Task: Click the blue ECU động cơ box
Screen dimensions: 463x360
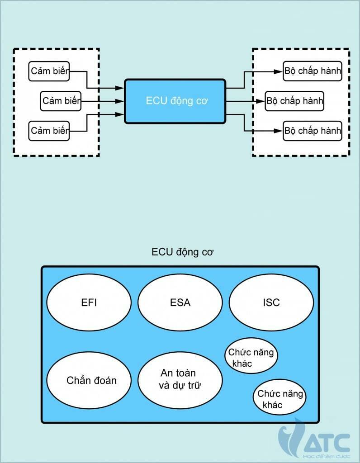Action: pyautogui.click(x=175, y=101)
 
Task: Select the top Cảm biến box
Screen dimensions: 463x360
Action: pyautogui.click(x=49, y=71)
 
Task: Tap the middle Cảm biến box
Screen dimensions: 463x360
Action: pyautogui.click(x=61, y=101)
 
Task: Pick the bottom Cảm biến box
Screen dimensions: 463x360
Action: pyautogui.click(x=49, y=131)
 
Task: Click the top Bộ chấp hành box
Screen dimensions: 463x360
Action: pyautogui.click(x=313, y=71)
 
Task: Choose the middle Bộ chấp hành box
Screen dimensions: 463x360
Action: pyautogui.click(x=294, y=101)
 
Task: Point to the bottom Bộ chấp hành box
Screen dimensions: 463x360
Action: pyautogui.click(x=313, y=131)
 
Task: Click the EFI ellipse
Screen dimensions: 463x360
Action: pyautogui.click(x=89, y=302)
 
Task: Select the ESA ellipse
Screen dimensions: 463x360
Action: pyautogui.click(x=180, y=302)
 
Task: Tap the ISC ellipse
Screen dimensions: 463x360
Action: pyautogui.click(x=271, y=302)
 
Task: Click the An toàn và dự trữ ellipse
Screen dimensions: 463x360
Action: pyautogui.click(x=180, y=379)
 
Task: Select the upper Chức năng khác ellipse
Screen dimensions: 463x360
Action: pyautogui.click(x=251, y=357)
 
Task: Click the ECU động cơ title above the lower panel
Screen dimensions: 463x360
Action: pyautogui.click(x=182, y=252)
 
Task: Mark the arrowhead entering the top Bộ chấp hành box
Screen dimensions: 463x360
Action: pyautogui.click(x=279, y=71)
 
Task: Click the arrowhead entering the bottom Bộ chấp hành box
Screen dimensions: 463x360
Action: pyautogui.click(x=279, y=131)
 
